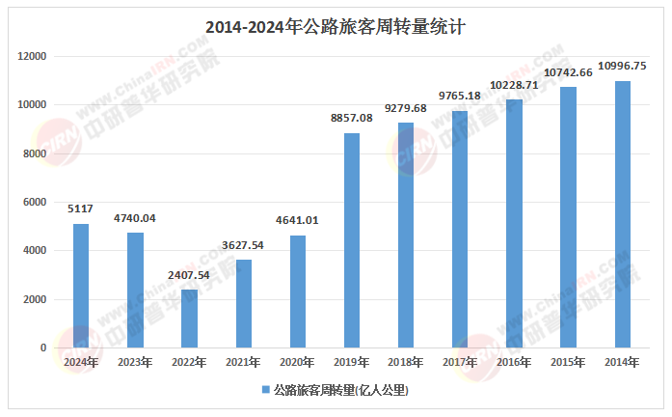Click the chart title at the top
click(x=336, y=27)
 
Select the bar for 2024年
click(x=81, y=286)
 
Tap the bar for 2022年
click(x=189, y=319)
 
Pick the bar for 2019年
click(x=352, y=240)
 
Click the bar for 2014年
click(x=623, y=214)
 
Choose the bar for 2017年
click(x=460, y=230)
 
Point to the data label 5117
click(x=81, y=208)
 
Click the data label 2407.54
click(x=189, y=274)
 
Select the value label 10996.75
click(x=623, y=66)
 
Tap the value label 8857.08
click(x=352, y=118)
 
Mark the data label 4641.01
click(x=297, y=220)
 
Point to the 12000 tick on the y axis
click(x=33, y=56)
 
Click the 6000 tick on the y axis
click(x=36, y=202)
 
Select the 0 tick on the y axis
click(x=42, y=347)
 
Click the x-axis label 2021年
click(x=243, y=362)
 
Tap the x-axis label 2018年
click(x=406, y=362)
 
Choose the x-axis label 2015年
click(x=568, y=362)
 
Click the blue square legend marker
click(x=264, y=391)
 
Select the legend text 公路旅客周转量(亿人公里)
click(x=341, y=391)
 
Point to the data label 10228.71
click(x=514, y=85)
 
